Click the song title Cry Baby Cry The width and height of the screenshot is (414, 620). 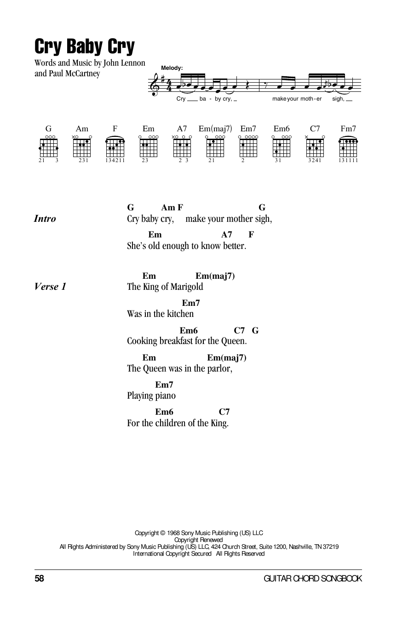tap(84, 46)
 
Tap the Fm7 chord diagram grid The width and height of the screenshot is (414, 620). tap(348, 148)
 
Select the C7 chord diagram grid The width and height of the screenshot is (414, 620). tap(315, 148)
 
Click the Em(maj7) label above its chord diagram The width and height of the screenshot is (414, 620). tap(215, 129)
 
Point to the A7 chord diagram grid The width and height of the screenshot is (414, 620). tap(182, 148)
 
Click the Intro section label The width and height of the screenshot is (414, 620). tap(45, 219)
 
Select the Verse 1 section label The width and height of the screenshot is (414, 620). tap(50, 287)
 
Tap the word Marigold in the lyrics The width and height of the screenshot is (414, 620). tap(187, 287)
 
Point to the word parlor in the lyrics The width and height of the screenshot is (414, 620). tap(219, 368)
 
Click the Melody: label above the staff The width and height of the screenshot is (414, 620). tap(172, 68)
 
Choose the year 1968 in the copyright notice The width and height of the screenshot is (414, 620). tap(173, 533)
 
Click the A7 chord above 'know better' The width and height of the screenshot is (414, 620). tap(226, 235)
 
